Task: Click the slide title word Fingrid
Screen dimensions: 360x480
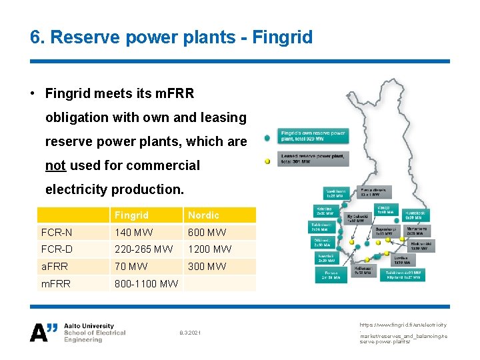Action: (282, 37)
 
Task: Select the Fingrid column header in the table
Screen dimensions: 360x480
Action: (131, 215)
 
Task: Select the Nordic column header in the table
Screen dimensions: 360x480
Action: (203, 215)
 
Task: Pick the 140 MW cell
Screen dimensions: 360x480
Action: (133, 233)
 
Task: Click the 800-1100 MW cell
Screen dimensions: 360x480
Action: (146, 284)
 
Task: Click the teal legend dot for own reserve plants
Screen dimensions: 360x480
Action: (267, 138)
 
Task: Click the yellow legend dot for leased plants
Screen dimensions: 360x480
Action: (267, 161)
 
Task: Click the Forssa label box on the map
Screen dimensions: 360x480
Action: (331, 275)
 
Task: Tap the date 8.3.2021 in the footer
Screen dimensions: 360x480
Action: (191, 332)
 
